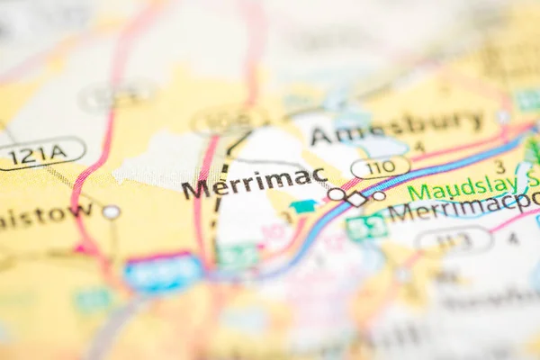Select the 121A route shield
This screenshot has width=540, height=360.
pos(40,153)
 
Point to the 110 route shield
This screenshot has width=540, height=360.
pos(380,167)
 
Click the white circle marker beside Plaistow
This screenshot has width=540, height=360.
pos(111,212)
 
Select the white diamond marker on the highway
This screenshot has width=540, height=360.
pos(357,199)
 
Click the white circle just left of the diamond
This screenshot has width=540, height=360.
pos(337,193)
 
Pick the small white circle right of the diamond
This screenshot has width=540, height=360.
pos(379,195)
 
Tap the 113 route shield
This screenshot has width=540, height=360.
pos(454,239)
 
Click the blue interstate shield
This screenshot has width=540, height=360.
pos(164,273)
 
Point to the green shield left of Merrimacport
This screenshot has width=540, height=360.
pos(366,228)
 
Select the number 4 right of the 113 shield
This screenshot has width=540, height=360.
pos(512,238)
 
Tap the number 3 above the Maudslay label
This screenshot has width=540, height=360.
pos(499,166)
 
